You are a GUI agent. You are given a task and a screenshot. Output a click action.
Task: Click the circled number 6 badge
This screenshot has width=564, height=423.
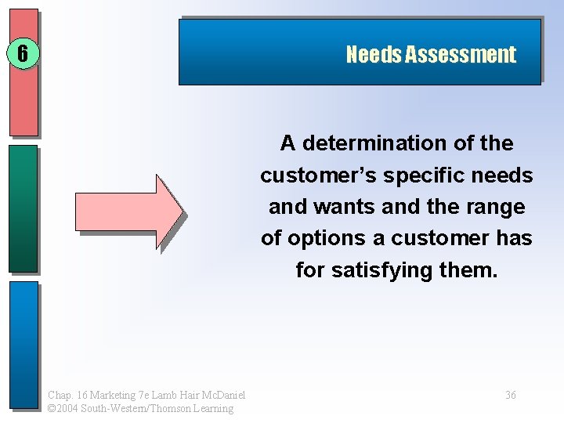pos(23,53)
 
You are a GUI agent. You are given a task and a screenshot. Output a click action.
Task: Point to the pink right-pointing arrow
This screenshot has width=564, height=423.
pos(128,211)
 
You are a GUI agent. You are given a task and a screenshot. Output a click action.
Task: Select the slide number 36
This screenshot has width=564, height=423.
pos(510,395)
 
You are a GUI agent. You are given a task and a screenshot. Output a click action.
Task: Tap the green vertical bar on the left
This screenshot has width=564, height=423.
pos(23,208)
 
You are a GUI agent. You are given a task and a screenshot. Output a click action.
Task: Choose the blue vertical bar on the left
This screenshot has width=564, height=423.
pos(23,345)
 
